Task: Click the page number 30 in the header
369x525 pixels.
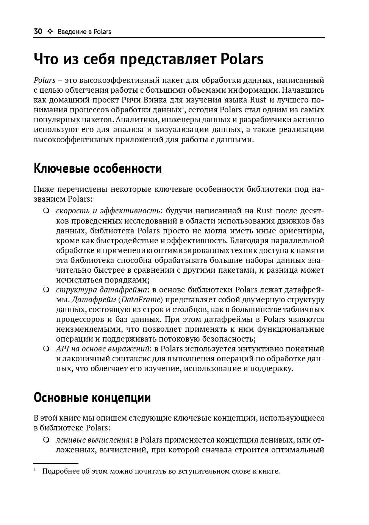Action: pyautogui.click(x=38, y=32)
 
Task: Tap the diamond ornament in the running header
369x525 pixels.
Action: pyautogui.click(x=50, y=32)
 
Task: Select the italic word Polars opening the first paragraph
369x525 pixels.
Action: pyautogui.click(x=44, y=80)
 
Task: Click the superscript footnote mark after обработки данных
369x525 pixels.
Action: pyautogui.click(x=183, y=108)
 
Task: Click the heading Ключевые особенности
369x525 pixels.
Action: pyautogui.click(x=98, y=168)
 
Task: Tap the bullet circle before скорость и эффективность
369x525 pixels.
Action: pyautogui.click(x=46, y=210)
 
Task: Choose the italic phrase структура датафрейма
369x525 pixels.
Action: pyautogui.click(x=102, y=290)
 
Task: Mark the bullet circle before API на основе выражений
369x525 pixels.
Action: pyautogui.click(x=46, y=348)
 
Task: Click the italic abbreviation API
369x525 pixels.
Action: pyautogui.click(x=62, y=349)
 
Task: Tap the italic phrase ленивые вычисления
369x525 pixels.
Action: pyautogui.click(x=93, y=440)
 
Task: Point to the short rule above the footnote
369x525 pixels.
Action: pyautogui.click(x=56, y=463)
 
